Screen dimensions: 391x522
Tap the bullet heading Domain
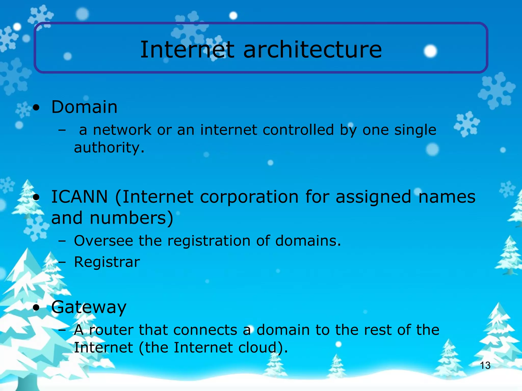point(84,107)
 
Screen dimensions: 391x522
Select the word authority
point(109,148)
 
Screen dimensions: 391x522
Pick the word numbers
point(131,218)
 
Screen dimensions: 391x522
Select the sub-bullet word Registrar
point(107,262)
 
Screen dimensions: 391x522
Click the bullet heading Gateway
point(89,307)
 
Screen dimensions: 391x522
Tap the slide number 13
point(485,366)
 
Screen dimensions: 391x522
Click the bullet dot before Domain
point(36,108)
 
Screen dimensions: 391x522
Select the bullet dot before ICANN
point(36,198)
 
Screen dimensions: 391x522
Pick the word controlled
point(298,130)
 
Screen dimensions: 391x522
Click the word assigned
point(373,197)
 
